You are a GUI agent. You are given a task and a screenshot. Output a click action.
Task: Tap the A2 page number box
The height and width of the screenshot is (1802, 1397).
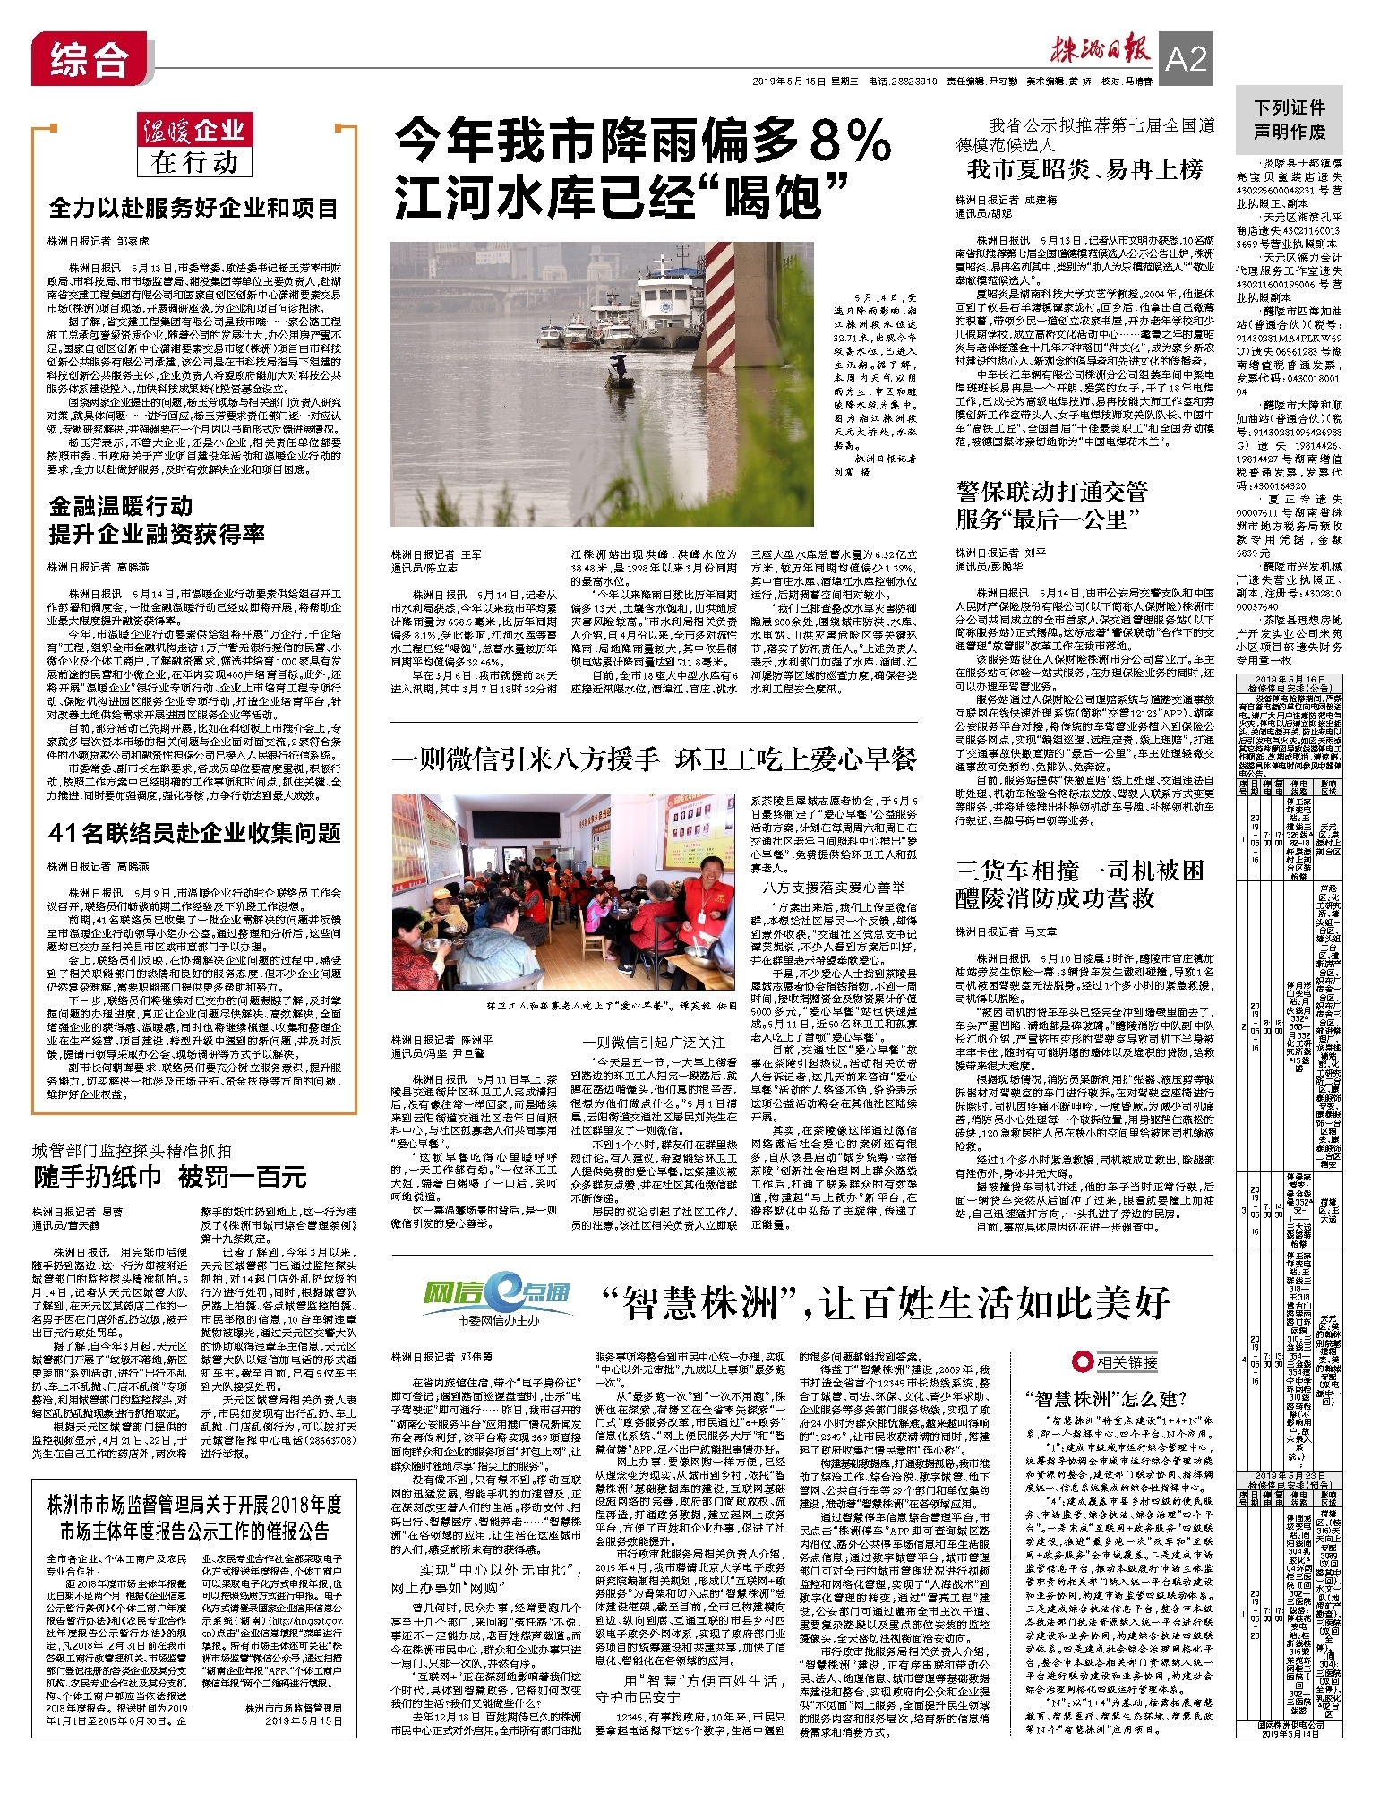point(1186,60)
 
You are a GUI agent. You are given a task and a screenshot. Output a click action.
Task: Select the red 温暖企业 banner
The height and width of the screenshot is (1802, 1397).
point(194,131)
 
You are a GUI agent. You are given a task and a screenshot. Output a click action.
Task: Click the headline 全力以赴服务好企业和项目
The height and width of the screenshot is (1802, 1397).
point(193,209)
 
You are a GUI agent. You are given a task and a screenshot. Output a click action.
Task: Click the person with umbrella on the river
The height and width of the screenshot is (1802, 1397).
point(618,365)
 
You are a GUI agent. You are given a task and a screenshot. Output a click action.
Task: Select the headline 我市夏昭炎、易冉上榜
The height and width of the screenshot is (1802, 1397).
point(1085,170)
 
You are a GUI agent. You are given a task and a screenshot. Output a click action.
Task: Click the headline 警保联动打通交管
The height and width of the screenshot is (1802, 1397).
point(1051,492)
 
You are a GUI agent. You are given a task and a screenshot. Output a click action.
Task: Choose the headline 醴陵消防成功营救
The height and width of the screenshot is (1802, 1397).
point(1055,898)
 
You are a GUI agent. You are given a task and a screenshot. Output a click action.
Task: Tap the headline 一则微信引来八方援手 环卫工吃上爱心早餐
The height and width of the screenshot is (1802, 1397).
point(654,759)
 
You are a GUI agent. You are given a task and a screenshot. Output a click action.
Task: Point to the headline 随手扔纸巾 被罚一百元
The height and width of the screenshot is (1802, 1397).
point(170,1176)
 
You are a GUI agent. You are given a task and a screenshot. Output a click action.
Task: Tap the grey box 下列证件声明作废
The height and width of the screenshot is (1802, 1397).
point(1289,119)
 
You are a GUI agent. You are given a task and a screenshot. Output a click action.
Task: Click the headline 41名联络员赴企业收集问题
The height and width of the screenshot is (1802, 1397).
point(194,833)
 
